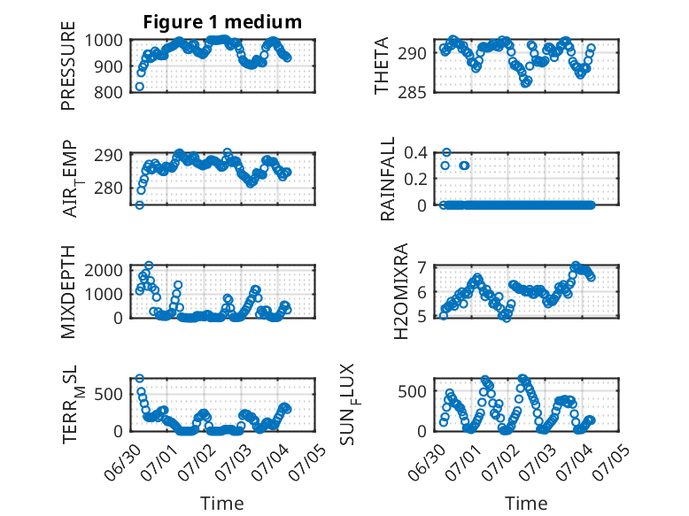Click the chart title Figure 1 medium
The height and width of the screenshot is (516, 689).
tap(222, 22)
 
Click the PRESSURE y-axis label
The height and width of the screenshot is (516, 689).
tap(68, 65)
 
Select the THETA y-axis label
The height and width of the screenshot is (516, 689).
tap(382, 65)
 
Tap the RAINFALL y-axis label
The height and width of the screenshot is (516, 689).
tap(388, 178)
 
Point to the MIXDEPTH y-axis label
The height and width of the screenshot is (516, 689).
tap(68, 292)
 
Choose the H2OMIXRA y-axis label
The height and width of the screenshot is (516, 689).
tap(401, 291)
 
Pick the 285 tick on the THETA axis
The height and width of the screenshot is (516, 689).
tap(412, 93)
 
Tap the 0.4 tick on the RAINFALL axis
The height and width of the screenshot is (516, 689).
tap(415, 152)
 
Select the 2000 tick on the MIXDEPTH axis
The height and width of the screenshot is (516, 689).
tap(104, 270)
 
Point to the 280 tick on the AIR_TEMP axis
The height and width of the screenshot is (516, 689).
tap(108, 188)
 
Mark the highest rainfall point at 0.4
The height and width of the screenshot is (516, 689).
tap(446, 152)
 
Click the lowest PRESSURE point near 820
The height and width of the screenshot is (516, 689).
tap(140, 87)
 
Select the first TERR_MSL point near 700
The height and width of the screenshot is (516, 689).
tap(140, 378)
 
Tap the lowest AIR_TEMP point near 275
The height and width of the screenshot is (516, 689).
tap(140, 204)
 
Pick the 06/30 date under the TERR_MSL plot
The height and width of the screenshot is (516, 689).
tap(122, 462)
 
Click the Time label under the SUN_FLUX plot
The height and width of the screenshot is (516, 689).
tap(526, 504)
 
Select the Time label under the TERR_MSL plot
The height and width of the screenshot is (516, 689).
tap(222, 504)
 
